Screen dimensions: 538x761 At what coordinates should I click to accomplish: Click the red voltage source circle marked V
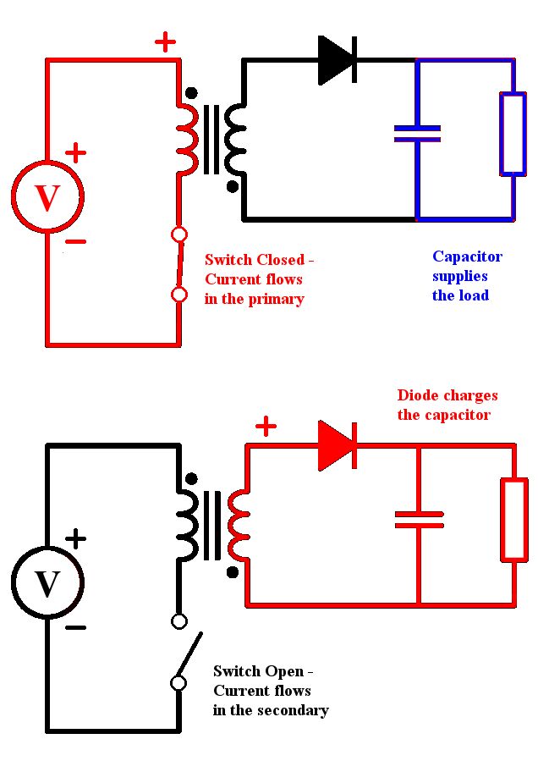[47, 163]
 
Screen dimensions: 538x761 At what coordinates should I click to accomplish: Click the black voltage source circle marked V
[47, 548]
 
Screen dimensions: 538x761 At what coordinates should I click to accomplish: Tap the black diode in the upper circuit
[338, 60]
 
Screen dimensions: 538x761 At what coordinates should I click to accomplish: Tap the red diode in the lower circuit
[338, 445]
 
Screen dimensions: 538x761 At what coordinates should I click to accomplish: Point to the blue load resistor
[502, 134]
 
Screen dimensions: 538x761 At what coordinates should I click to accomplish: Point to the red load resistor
[503, 520]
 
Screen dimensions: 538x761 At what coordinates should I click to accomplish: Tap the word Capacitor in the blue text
[467, 256]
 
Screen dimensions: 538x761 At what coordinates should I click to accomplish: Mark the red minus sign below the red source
[75, 241]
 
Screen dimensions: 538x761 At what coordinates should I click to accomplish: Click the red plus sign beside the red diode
[266, 427]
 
